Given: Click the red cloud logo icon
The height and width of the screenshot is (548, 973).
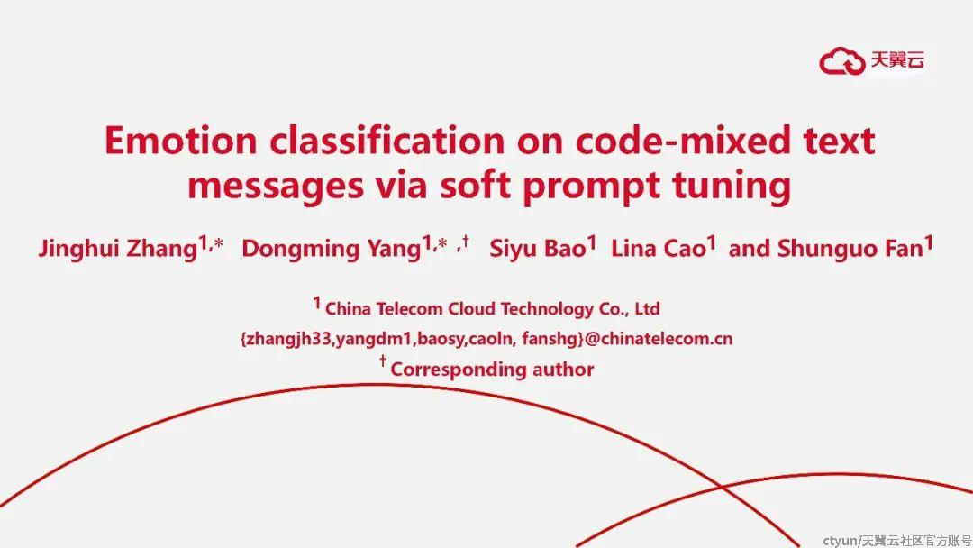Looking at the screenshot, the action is pos(842,60).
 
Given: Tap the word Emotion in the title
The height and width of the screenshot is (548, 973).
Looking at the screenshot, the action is pos(180,141).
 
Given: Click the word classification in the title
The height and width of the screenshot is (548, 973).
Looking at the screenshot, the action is pos(387,141).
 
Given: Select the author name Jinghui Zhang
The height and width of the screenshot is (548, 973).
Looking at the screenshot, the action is pos(117,249).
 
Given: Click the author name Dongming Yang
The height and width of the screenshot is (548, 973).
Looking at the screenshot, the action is pos(332,249).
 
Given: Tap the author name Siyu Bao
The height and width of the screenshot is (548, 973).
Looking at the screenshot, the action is pos(537,248).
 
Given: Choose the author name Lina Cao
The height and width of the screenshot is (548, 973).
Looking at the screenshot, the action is pos(659,248).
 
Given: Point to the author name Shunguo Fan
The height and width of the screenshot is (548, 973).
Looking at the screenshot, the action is pos(850,248).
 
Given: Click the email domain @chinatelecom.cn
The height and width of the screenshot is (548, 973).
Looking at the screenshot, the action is pos(659,339).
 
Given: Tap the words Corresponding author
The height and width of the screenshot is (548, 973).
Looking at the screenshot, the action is pos(492,370).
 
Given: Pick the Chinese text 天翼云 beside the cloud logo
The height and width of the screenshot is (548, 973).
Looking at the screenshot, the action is pos(897,59).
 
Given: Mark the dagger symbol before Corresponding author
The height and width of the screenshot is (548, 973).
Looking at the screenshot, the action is pos(383,360).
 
